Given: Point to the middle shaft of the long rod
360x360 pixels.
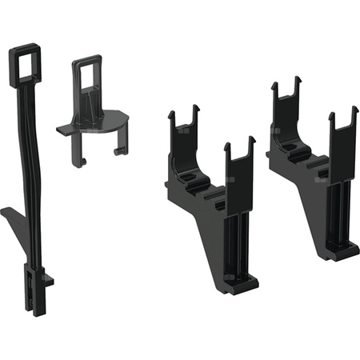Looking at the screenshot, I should (x=29, y=160).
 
